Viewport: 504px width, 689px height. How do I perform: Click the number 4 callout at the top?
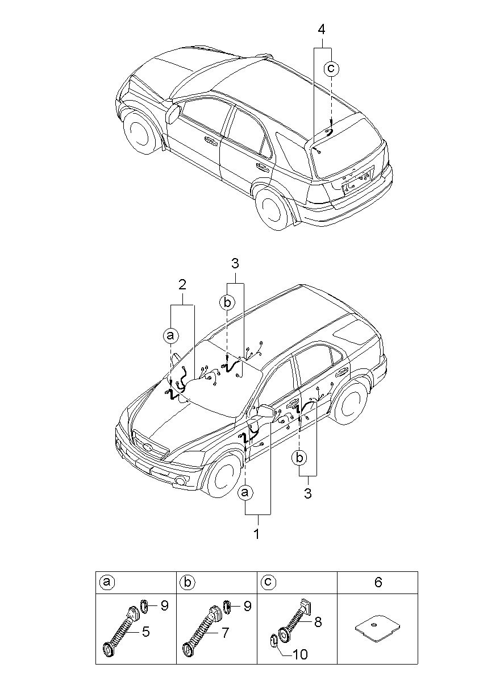322,28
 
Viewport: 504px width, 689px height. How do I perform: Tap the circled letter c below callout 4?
331,69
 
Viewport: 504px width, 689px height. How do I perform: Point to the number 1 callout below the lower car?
256,534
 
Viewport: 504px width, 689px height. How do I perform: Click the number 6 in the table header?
378,582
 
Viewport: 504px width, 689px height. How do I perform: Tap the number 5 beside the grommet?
146,631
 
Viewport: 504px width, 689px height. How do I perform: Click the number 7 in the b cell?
226,632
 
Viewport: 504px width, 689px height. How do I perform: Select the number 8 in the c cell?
318,622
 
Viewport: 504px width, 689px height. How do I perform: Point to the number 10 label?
300,654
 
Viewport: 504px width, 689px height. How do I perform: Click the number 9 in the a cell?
164,606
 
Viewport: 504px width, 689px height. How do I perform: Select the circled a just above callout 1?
245,492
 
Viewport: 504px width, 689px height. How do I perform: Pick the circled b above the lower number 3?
299,457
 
